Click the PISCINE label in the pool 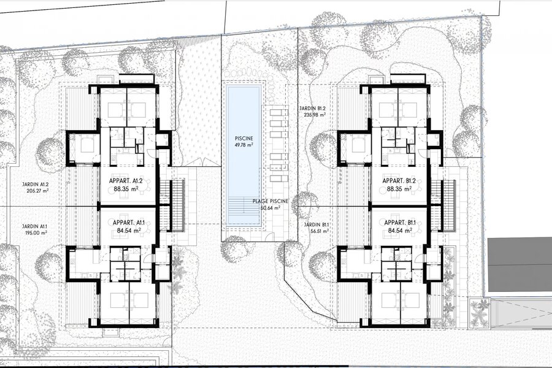244,139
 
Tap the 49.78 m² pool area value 244,145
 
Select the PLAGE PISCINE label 270,201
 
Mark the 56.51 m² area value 319,231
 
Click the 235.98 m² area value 314,115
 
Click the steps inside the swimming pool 243,211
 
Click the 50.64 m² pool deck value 270,208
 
